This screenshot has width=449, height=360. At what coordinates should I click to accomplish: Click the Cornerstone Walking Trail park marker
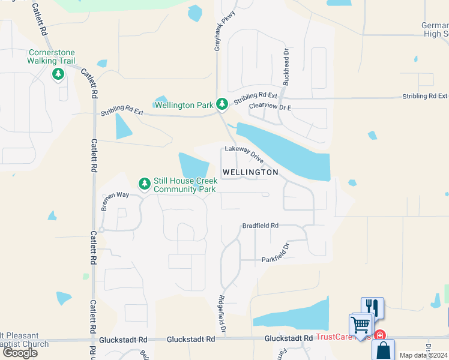point(58,74)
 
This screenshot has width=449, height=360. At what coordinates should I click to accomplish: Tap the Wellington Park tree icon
point(222,104)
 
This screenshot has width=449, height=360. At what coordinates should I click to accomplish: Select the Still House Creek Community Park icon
point(144,183)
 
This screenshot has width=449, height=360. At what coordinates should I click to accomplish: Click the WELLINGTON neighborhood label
point(250,172)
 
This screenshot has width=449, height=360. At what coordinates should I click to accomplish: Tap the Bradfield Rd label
point(261,226)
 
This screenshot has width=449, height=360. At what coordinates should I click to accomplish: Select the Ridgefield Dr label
point(221,314)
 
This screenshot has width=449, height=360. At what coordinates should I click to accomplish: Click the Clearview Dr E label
point(270,107)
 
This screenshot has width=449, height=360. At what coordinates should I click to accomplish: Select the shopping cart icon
point(360,325)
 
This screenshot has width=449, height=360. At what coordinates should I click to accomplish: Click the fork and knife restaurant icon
point(372,308)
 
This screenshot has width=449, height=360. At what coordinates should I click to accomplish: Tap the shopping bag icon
point(383,350)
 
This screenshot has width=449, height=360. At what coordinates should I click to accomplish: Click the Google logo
point(19,352)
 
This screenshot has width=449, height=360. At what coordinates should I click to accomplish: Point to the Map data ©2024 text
point(424,355)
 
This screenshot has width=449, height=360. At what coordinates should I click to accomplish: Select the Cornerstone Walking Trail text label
point(50,56)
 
